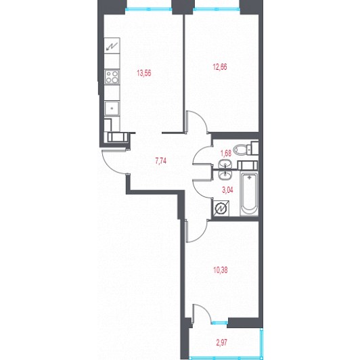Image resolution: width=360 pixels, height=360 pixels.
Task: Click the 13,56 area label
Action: point(144,73)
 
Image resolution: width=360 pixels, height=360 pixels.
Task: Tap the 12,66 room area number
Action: point(220,67)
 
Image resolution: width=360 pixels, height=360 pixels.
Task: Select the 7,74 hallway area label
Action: point(161,161)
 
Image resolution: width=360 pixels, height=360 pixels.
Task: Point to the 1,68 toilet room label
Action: point(226,153)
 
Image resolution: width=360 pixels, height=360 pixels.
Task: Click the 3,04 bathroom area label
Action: point(227,190)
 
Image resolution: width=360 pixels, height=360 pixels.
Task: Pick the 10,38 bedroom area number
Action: point(221,270)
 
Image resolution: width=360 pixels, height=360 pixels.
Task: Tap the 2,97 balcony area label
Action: point(221,342)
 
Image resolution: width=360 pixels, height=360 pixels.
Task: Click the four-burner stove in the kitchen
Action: point(112,77)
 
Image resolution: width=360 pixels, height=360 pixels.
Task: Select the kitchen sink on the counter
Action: point(112,108)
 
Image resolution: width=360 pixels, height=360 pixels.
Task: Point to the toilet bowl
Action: point(242,150)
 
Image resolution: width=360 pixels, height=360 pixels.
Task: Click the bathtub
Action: point(249,194)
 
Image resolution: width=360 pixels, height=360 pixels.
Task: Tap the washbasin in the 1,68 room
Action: point(225,164)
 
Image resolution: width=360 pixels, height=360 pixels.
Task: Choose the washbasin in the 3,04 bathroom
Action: point(225,176)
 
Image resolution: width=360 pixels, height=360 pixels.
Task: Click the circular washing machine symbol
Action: point(221,208)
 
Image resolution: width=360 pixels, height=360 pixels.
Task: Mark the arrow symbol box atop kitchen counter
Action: point(112,46)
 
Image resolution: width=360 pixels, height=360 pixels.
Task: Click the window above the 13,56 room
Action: point(149,9)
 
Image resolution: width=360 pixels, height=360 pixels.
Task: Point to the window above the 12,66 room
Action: point(217,9)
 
